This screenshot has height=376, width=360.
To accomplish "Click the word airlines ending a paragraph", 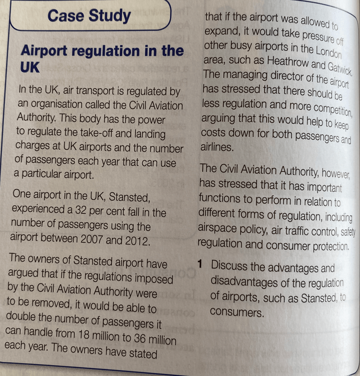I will (217, 147).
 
